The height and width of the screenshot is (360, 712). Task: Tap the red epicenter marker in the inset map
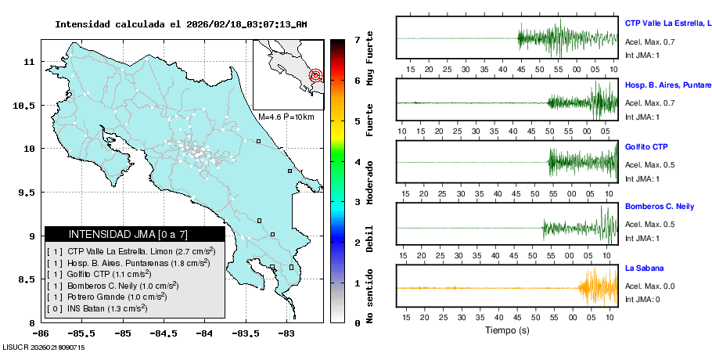tap(315, 76)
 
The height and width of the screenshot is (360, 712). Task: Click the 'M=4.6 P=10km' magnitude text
tap(286, 117)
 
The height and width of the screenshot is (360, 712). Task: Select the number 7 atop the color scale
tap(356, 39)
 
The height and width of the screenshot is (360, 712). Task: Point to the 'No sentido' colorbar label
tap(371, 295)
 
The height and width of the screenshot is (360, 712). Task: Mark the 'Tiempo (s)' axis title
tap(507, 330)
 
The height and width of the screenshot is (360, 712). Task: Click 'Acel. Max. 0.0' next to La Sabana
tap(649, 286)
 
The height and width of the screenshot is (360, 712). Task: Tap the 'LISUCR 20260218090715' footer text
tap(44, 347)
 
